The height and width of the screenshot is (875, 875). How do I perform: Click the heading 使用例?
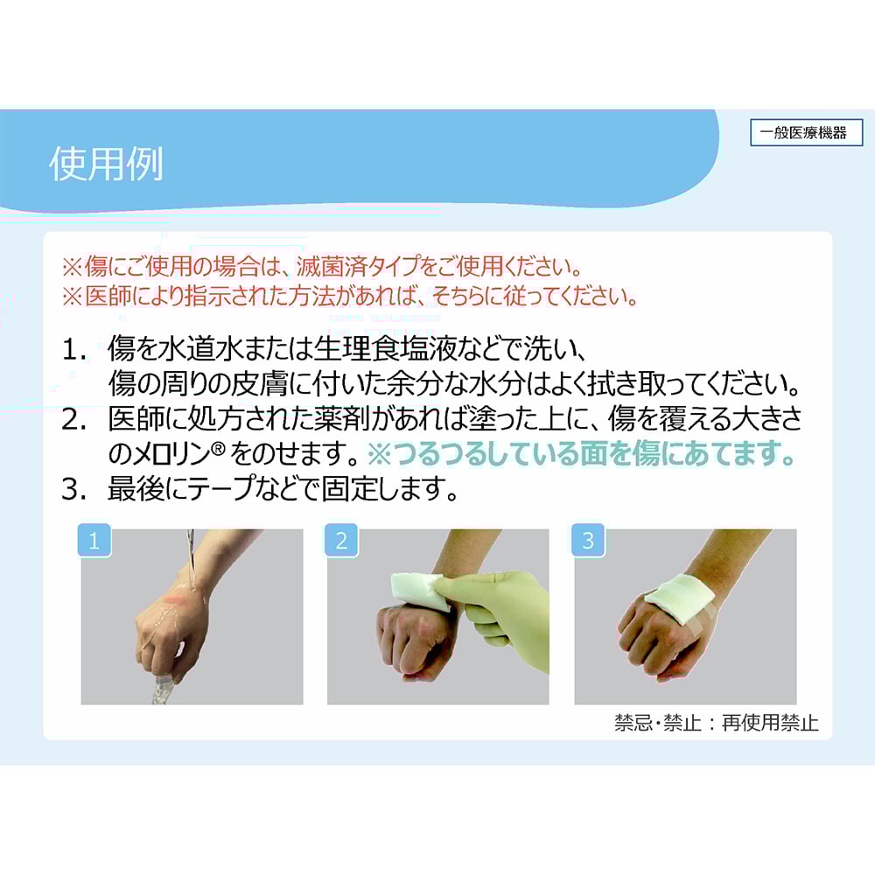(x=106, y=164)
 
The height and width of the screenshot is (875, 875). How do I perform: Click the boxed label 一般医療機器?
(x=807, y=133)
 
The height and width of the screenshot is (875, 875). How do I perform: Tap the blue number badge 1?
(x=94, y=540)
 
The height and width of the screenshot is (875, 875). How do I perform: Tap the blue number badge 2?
(x=341, y=540)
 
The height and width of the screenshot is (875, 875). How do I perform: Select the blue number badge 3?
(x=588, y=540)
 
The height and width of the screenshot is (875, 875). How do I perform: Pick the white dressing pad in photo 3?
(x=679, y=595)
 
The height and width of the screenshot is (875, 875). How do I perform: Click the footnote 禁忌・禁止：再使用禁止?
(x=717, y=723)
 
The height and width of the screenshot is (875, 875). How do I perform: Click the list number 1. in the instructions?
(x=74, y=351)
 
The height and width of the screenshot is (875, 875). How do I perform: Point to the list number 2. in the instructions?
(x=74, y=420)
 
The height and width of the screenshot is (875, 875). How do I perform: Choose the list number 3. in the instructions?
(x=74, y=489)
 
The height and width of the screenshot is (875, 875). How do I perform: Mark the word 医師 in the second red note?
(x=108, y=296)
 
